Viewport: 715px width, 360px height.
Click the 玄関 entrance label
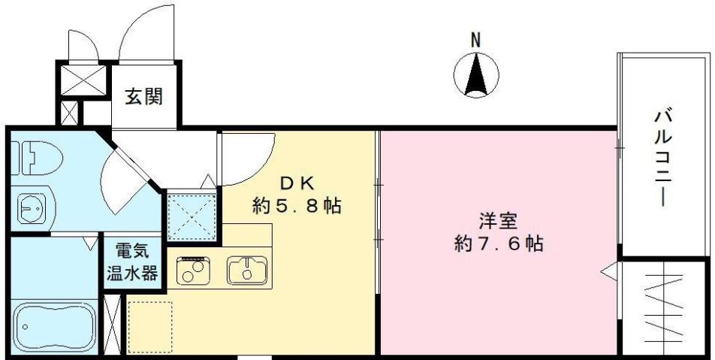click(143, 96)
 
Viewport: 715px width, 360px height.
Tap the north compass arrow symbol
click(476, 76)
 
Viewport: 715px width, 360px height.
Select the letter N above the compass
click(475, 41)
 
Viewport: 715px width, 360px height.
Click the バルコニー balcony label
click(663, 158)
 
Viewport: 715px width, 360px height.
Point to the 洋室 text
click(499, 222)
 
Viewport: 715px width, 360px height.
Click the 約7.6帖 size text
click(499, 244)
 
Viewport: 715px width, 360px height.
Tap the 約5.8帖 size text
click(297, 205)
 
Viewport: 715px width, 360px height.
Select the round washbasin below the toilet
click(31, 207)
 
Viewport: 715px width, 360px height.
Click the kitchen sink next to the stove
click(247, 270)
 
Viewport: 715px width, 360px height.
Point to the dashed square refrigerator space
click(149, 325)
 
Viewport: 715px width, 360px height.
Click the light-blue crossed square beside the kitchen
click(192, 216)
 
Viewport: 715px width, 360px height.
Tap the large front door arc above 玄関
click(149, 34)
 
